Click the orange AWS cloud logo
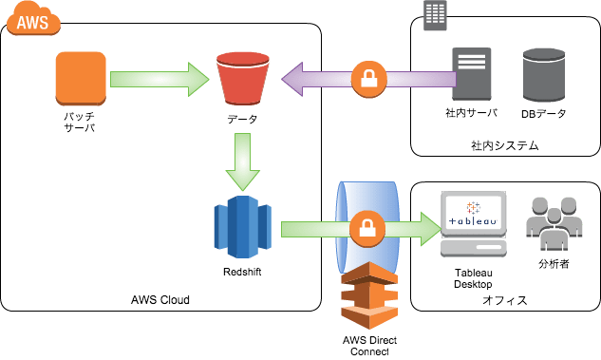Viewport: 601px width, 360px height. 33,18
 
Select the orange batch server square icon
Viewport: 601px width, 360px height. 81,79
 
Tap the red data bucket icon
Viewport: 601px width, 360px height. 243,79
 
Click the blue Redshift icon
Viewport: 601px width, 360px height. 243,227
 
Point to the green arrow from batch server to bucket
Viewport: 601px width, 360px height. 160,80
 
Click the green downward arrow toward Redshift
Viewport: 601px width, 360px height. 243,161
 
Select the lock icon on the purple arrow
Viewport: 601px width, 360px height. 369,80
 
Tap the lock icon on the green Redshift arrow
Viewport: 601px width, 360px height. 367,229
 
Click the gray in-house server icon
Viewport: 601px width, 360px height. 472,74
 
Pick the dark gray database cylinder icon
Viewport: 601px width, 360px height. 544,75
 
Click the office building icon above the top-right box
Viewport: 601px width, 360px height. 435,15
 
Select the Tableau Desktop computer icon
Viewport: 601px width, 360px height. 474,224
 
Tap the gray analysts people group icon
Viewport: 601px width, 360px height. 554,224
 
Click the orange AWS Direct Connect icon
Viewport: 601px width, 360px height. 369,295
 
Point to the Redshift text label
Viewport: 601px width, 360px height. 242,272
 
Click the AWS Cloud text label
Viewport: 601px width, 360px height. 160,299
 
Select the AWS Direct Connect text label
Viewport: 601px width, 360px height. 370,346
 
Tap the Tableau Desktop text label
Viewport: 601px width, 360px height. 474,278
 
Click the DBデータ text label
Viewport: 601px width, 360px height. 543,114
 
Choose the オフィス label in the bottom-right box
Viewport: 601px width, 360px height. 505,300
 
